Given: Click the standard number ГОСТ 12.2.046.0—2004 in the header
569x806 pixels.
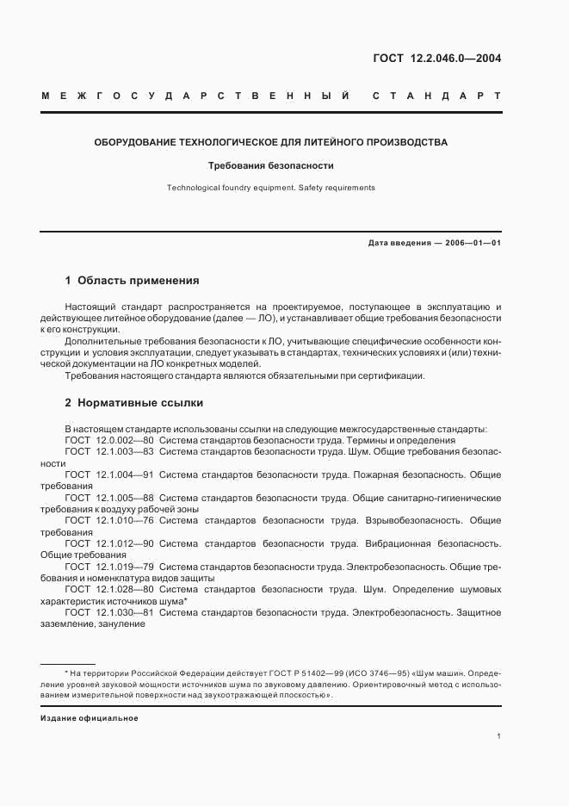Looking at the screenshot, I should click(x=436, y=59).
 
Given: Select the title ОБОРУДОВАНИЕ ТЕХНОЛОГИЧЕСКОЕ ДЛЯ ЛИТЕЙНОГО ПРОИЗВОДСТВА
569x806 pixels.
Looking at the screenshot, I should click(x=270, y=142).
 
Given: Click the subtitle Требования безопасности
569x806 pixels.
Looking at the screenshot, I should click(x=270, y=165).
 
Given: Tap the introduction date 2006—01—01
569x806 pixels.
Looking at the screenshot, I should click(x=473, y=243).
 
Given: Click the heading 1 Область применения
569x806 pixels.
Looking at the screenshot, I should click(x=132, y=281).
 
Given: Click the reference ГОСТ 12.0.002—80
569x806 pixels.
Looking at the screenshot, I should click(x=109, y=440).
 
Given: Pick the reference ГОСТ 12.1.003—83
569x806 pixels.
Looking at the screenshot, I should click(x=109, y=451).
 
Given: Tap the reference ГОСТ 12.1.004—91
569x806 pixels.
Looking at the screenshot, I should click(x=109, y=474).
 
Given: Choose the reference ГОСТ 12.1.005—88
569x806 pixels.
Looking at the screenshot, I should click(x=109, y=498).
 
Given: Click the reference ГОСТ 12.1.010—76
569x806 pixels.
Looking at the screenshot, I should click(x=109, y=521).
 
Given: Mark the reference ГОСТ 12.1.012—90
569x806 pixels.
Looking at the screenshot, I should click(x=109, y=543).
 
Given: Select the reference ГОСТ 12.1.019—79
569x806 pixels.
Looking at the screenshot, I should click(x=109, y=567).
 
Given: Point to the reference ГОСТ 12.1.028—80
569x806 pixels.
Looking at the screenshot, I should click(x=109, y=590).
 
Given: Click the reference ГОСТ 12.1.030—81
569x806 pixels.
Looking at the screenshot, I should click(x=109, y=612).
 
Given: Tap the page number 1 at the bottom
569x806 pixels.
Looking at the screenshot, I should click(x=498, y=736).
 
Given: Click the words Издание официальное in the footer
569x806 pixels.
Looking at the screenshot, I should click(x=90, y=717).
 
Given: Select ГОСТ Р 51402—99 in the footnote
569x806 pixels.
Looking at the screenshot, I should click(x=238, y=673).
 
